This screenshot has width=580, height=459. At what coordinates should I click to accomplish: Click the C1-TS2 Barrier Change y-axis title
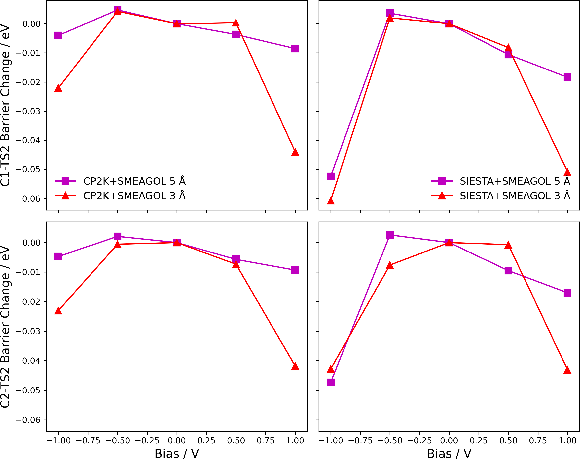pos(5,105)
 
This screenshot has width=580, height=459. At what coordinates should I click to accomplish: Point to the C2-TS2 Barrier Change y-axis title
pos(5,327)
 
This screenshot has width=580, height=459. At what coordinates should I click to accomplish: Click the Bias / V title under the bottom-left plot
pos(177,453)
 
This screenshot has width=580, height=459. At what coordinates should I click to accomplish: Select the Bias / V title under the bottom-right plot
pos(449,453)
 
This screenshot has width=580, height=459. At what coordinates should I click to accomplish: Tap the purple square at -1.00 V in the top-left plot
pos(58,35)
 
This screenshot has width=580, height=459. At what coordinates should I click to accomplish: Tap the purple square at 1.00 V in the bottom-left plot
pos(295,270)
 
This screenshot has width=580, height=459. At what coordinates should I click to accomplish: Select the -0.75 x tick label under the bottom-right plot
pos(360,441)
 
